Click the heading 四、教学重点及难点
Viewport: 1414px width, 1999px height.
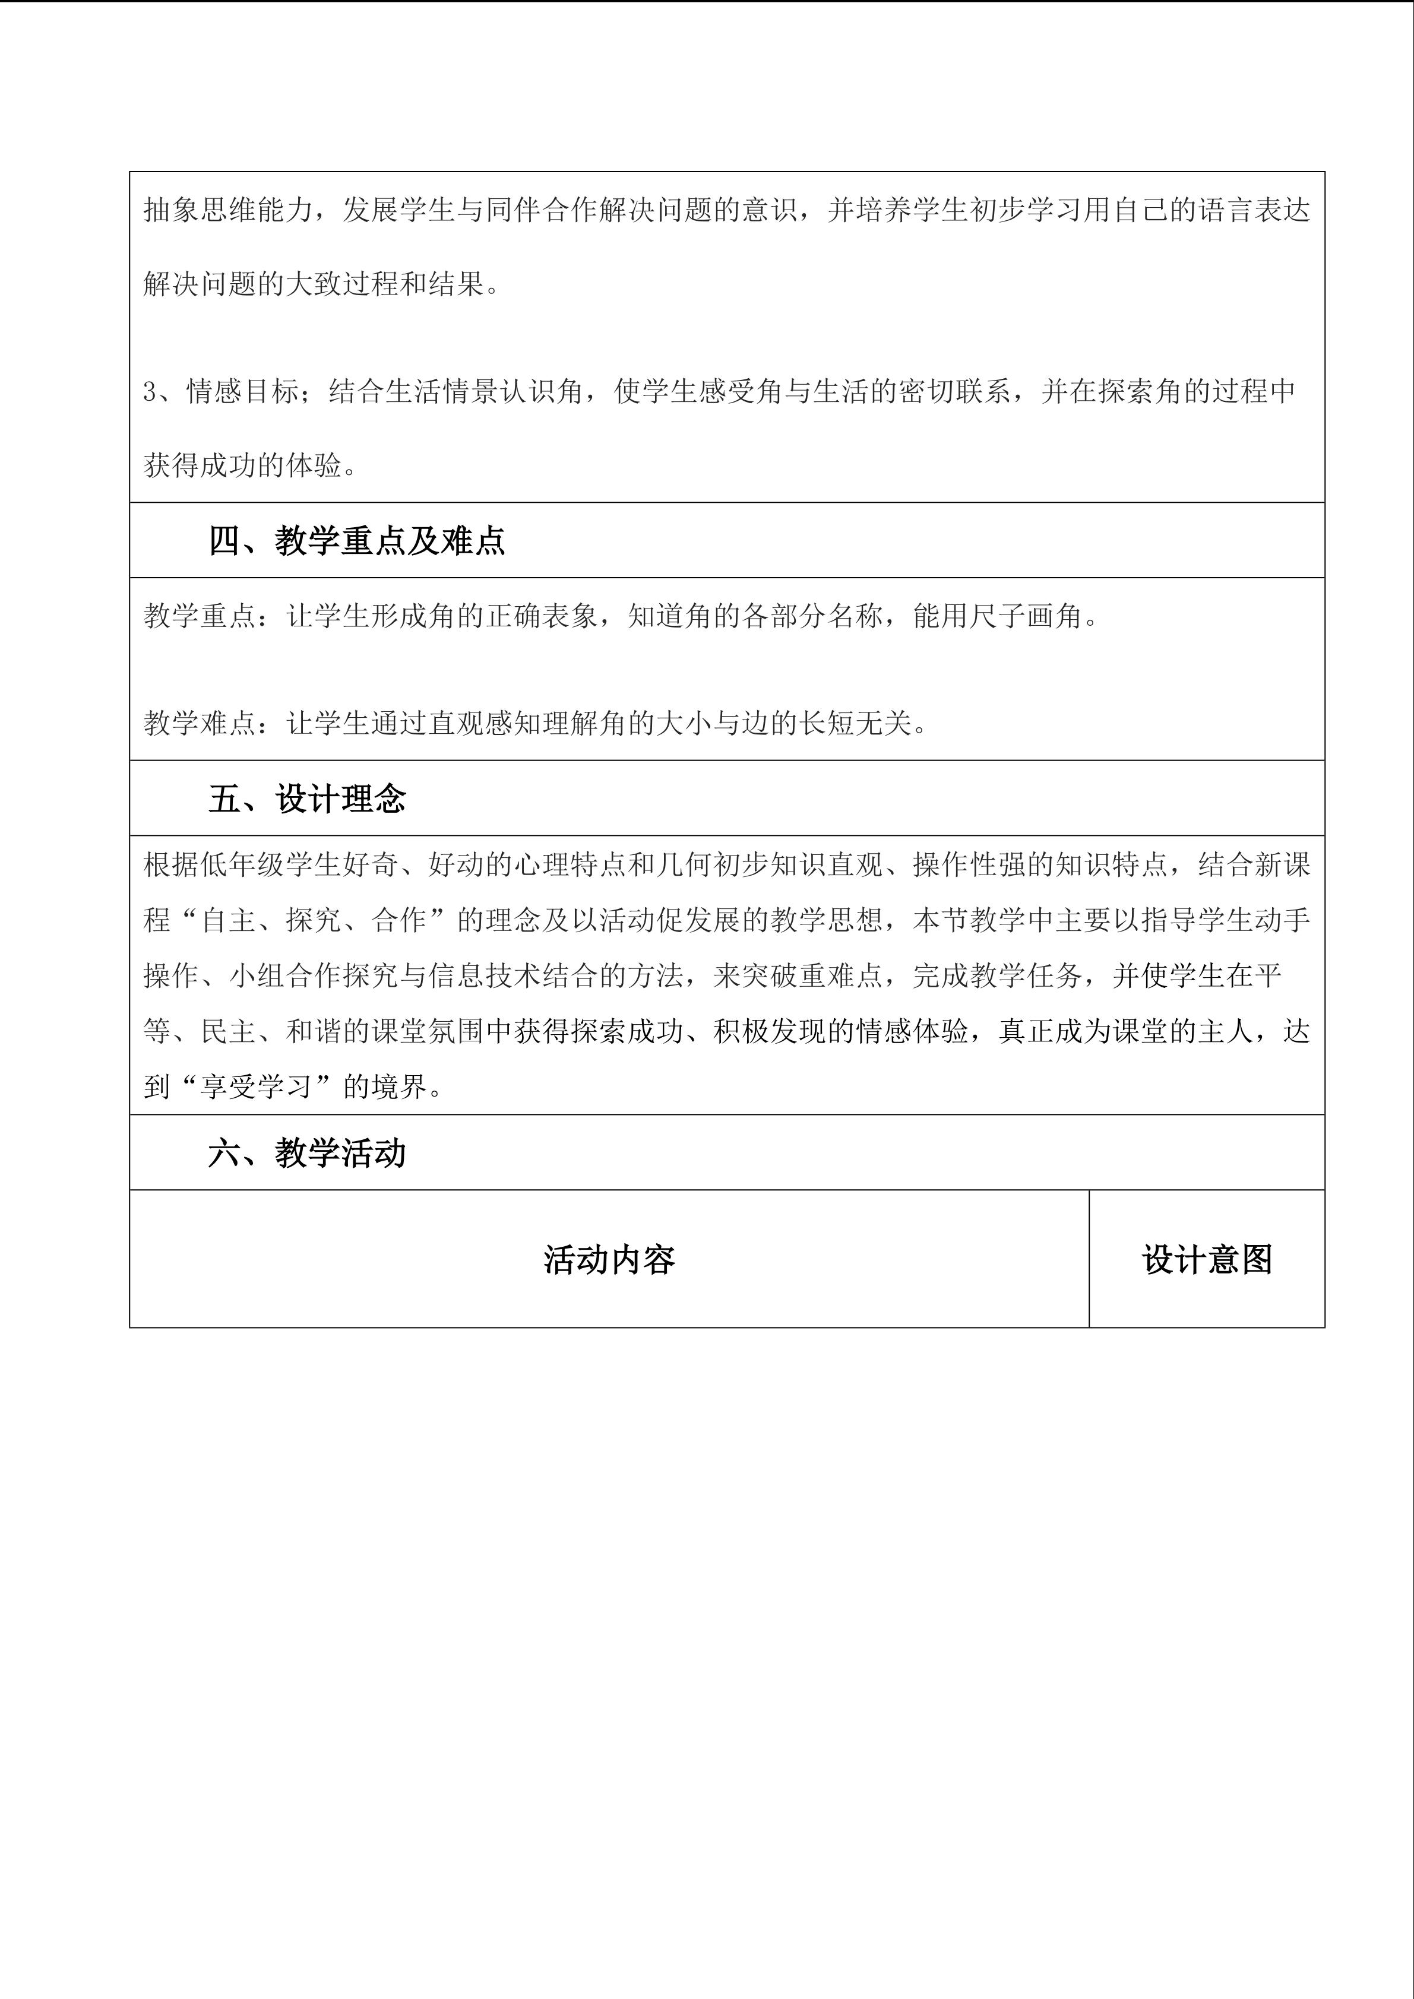356,541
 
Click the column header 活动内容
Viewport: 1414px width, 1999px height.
609,1260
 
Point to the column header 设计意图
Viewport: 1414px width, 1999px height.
1207,1260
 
